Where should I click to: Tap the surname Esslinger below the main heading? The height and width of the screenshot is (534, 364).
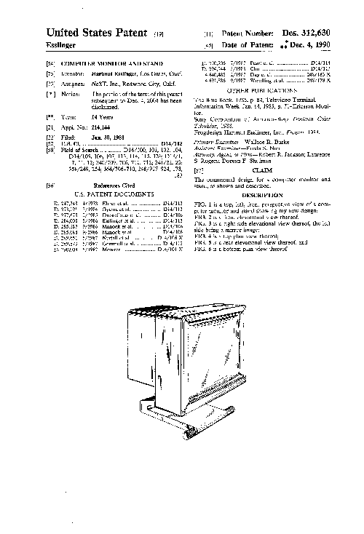[x=63, y=45]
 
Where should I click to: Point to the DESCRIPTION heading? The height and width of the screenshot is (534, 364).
[x=263, y=196]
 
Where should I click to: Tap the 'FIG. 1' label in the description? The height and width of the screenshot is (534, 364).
[x=202, y=205]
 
